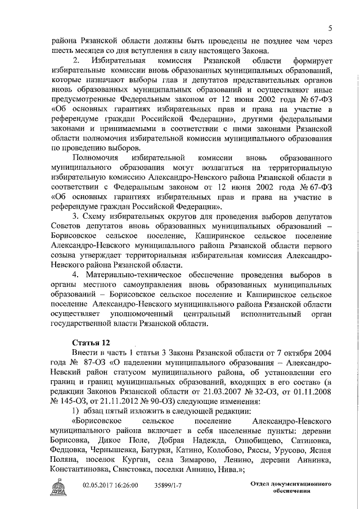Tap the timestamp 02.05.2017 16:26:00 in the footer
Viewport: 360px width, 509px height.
point(111,484)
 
